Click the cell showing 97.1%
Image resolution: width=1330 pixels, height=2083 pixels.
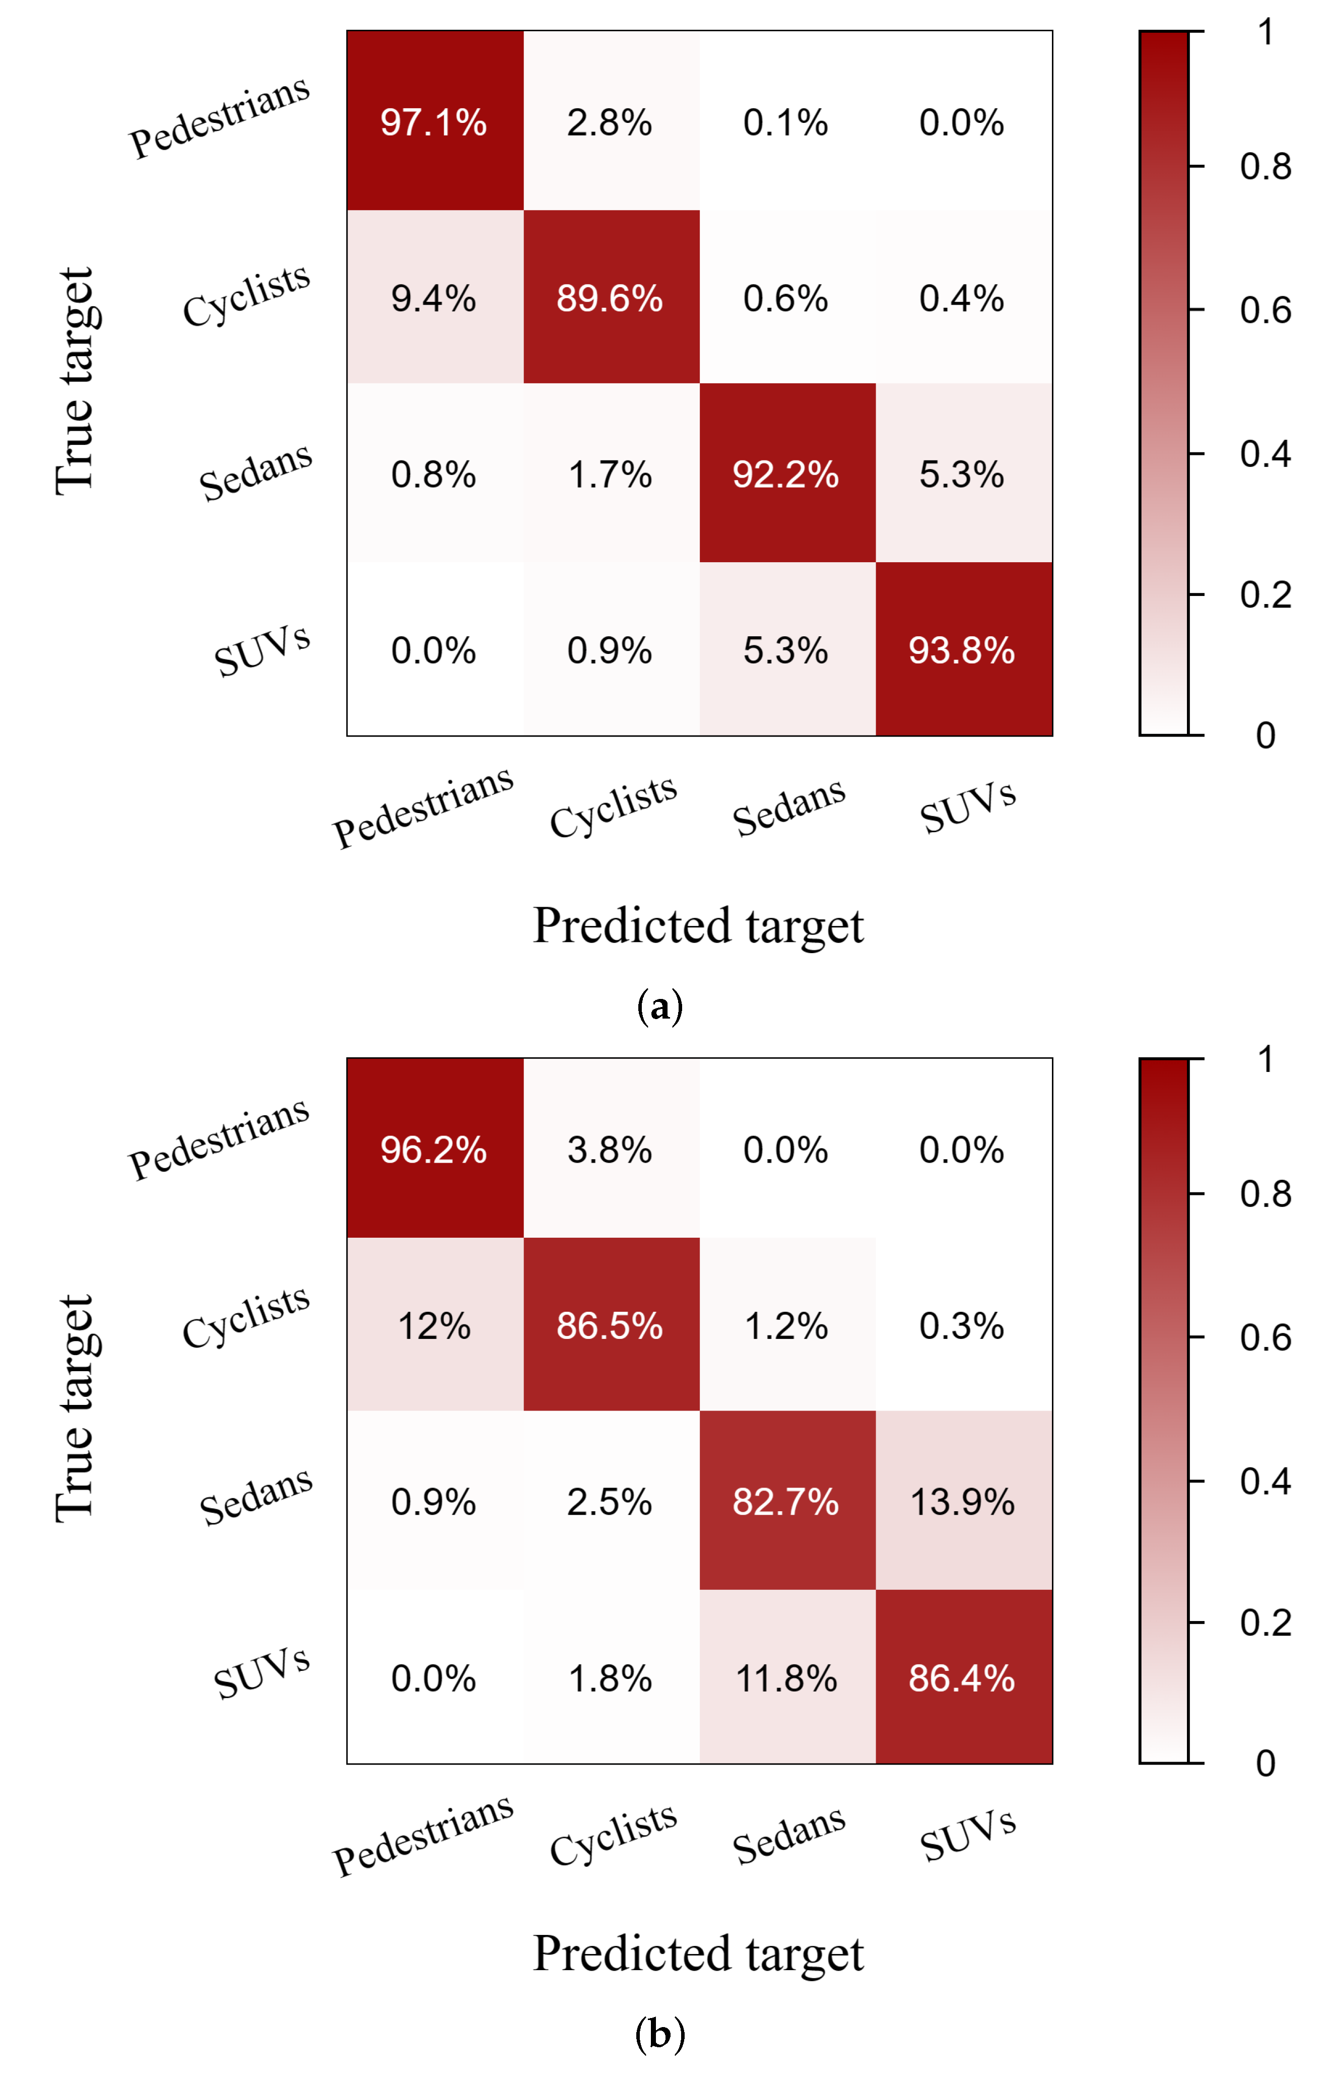[x=434, y=122]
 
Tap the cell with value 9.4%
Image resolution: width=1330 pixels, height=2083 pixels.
[x=434, y=298]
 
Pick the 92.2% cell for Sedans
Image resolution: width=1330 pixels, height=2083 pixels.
[x=786, y=474]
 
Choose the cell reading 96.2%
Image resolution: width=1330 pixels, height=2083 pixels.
[x=434, y=1150]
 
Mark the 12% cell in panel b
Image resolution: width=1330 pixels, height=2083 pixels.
[x=434, y=1325]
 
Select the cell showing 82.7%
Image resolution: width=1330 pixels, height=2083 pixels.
[x=786, y=1502]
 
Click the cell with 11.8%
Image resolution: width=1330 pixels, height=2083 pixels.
[x=786, y=1678]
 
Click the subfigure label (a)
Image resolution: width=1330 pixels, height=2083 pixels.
[x=659, y=1006]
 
